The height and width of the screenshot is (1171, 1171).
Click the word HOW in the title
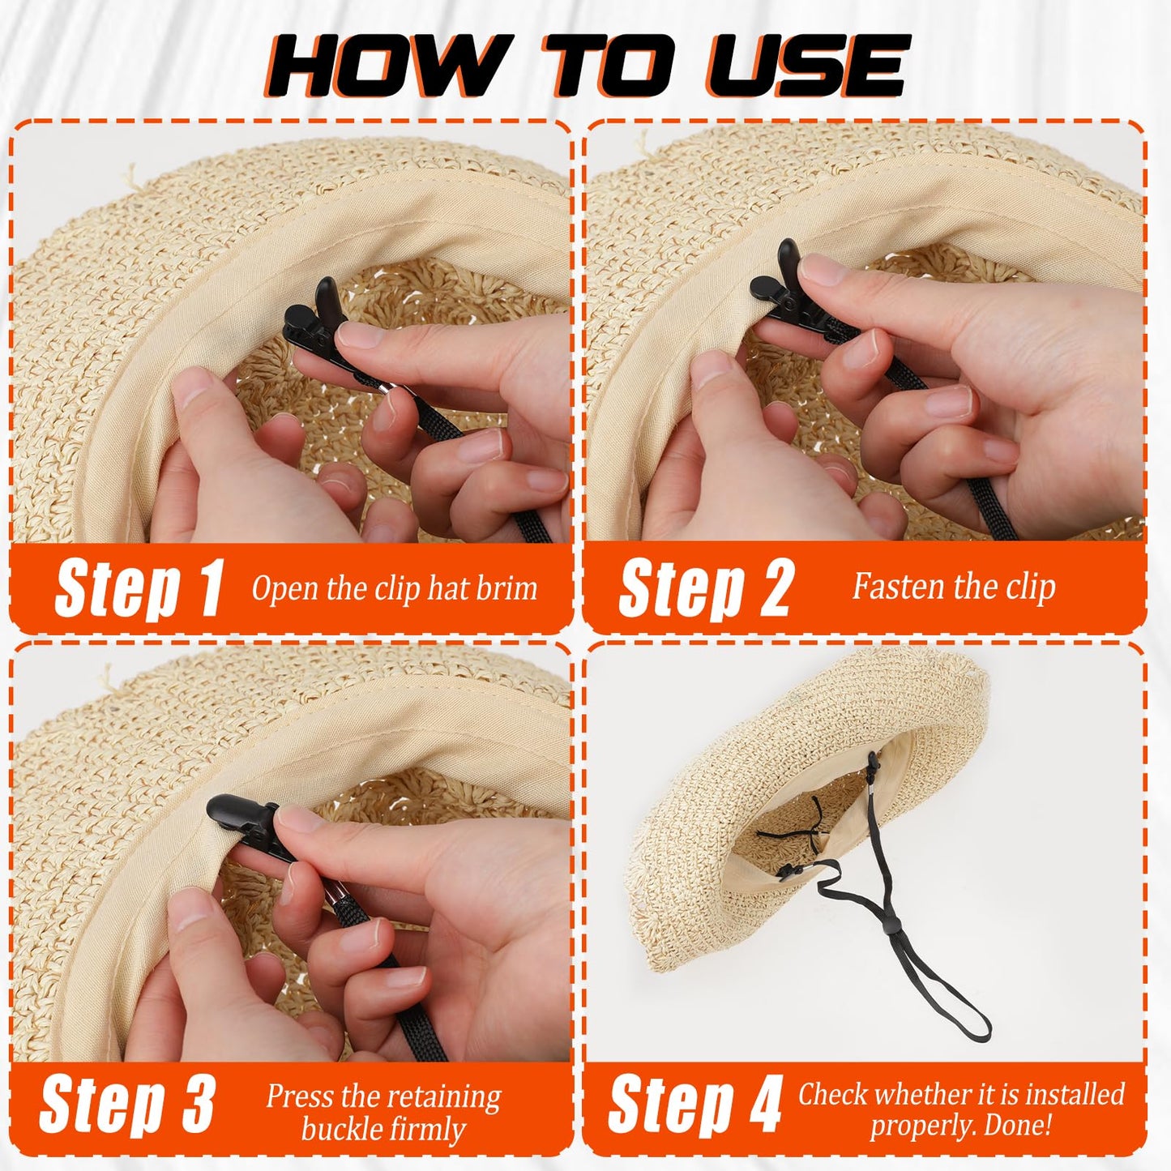coord(381,66)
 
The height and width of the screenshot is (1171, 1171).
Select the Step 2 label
coord(705,588)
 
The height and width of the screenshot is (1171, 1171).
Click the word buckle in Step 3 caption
coord(341,1129)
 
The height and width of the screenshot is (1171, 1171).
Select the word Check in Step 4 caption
coord(833,1094)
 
